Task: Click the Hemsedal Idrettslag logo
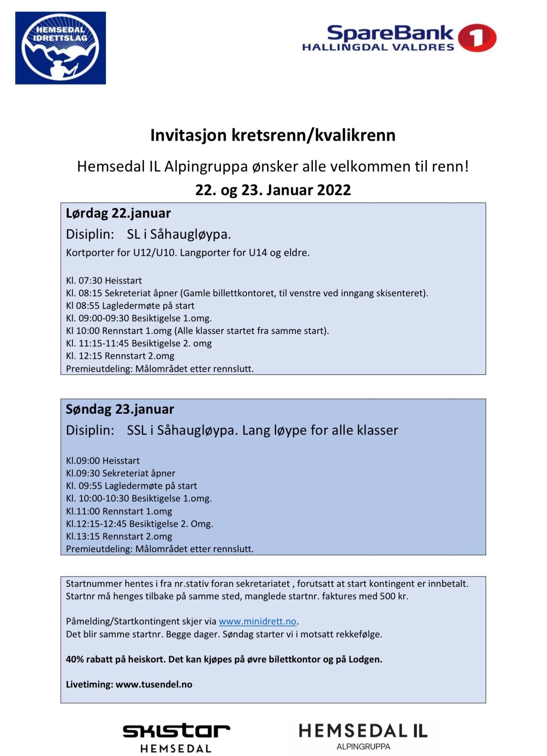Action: pos(60,48)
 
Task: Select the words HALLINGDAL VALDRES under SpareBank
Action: pos(378,47)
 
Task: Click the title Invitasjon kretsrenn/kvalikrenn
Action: pos(273,135)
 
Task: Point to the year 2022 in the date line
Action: pos(333,190)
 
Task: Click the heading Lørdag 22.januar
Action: pos(118,213)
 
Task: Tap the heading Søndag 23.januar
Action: pos(120,409)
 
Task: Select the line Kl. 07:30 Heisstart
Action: pos(104,281)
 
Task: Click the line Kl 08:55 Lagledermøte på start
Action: pos(130,306)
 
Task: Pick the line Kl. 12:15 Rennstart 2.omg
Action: pos(120,356)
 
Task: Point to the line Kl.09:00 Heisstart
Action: pos(103,461)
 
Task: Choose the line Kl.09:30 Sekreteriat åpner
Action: pos(120,473)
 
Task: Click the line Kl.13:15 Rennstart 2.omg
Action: pos(119,536)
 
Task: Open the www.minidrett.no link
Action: pos(257,621)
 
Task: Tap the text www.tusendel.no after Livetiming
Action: pos(154,684)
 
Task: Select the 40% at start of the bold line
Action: pos(75,659)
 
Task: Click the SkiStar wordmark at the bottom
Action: pos(176,731)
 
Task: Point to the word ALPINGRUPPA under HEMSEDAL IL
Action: pos(363,746)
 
